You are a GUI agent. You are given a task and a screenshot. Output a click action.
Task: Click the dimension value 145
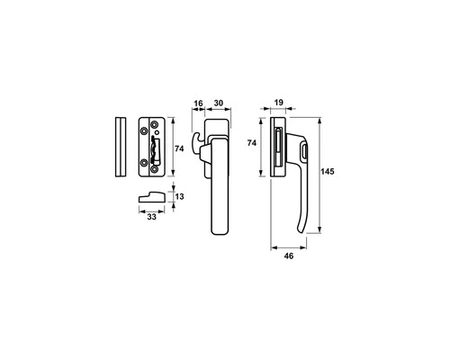click(328, 172)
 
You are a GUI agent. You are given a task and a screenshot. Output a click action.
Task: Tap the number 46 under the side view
click(289, 256)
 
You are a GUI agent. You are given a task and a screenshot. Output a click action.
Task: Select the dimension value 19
click(279, 103)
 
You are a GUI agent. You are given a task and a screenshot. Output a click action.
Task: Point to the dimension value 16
click(198, 103)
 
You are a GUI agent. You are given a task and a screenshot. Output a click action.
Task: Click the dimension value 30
click(219, 103)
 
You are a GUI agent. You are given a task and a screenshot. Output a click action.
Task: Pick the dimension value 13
click(179, 196)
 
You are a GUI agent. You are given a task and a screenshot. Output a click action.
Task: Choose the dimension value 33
click(152, 217)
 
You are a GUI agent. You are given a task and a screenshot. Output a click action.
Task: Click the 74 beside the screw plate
click(179, 148)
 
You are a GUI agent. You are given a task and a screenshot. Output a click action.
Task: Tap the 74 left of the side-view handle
click(252, 143)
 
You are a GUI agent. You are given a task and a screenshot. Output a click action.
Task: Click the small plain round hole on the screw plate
click(157, 132)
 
